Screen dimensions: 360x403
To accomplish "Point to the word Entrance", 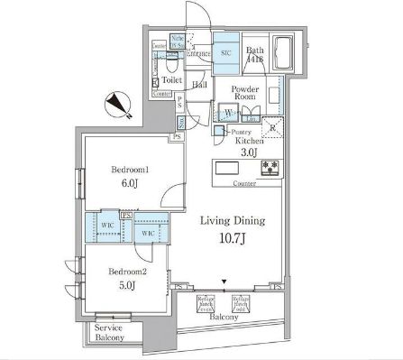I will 197,54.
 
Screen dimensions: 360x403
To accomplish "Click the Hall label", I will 200,84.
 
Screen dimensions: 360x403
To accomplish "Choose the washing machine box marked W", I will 229,114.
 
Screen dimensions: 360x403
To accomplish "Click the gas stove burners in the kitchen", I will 270,168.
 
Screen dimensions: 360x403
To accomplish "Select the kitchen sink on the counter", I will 227,168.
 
